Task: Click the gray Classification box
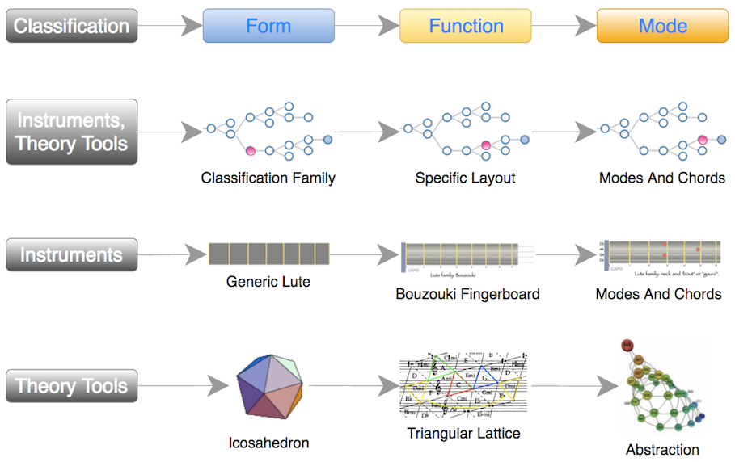pos(71,26)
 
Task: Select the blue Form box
pos(268,26)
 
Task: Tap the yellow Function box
pos(466,26)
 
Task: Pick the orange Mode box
pos(662,26)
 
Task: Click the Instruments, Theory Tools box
pos(71,132)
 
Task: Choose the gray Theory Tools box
pos(71,385)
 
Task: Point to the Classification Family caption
pos(268,178)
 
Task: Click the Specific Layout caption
pos(465,178)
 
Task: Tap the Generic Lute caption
pos(268,283)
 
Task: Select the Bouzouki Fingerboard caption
pos(467,294)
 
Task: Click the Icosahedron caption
pos(268,443)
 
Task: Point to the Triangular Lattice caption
pos(464,434)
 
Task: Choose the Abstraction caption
pos(662,450)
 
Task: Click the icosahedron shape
pos(269,384)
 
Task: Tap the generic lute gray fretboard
pos(268,254)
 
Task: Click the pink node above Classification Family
pos(251,151)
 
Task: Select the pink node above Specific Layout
pos(486,145)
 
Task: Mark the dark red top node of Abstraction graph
pos(626,346)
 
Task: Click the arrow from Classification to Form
pos(170,26)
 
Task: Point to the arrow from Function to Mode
pos(564,26)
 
